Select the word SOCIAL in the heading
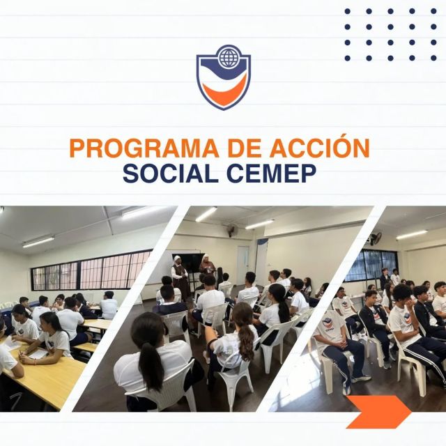(x=171, y=174)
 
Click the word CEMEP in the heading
(x=271, y=174)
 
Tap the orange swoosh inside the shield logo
(x=224, y=91)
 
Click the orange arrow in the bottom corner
(x=378, y=412)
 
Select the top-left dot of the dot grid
(x=347, y=11)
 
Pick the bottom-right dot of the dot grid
(x=433, y=58)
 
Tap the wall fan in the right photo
(x=376, y=238)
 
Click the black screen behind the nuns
(x=192, y=263)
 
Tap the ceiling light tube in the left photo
(x=38, y=242)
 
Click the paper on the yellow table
(x=38, y=354)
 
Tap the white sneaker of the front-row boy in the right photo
(x=361, y=378)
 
